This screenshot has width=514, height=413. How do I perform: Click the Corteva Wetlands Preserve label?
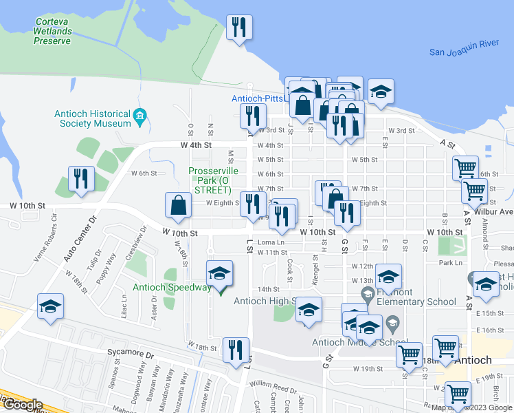53,32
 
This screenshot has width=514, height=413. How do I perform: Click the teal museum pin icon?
141,115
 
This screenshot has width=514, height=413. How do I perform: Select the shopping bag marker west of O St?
178,205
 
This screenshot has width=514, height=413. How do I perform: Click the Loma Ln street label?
271,243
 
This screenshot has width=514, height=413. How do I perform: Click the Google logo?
23,405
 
